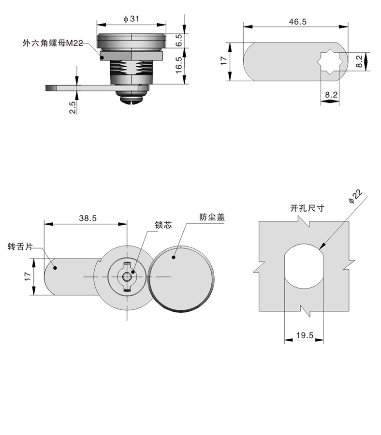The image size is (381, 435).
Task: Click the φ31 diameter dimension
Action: click(132, 18)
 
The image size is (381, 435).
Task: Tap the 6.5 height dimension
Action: click(178, 40)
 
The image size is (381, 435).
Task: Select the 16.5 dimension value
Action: click(178, 65)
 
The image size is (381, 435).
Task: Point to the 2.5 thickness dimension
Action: click(72, 107)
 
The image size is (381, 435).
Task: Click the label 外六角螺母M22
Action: click(53, 43)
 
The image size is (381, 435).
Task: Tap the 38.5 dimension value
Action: click(88, 218)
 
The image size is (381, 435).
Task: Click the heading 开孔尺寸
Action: click(307, 209)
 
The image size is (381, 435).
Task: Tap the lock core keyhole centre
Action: click(126, 276)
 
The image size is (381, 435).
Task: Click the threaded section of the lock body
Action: click(132, 68)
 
